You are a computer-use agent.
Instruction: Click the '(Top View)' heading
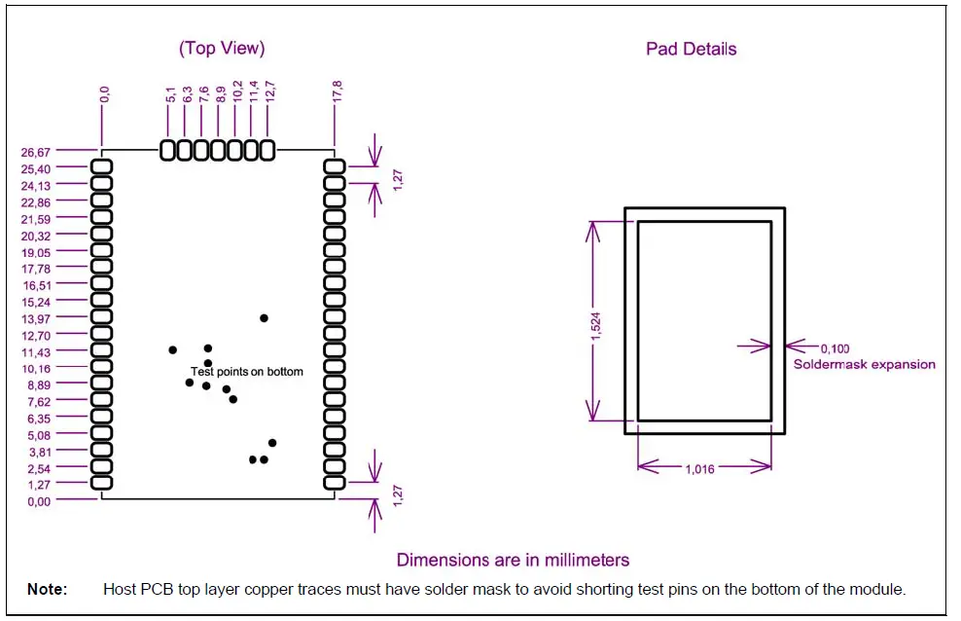222,48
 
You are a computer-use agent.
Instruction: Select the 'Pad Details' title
691,49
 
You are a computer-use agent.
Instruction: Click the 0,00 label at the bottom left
38,501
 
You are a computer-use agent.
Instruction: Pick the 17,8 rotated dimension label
336,92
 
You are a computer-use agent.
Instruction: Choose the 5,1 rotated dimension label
169,94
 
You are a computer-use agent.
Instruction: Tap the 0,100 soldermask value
836,347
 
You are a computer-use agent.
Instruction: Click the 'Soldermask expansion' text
864,364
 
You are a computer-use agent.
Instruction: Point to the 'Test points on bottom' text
247,372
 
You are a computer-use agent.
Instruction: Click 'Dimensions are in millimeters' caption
513,560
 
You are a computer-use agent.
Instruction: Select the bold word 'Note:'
47,589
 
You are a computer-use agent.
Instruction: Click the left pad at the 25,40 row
101,167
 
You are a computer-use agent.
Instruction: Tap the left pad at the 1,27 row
101,482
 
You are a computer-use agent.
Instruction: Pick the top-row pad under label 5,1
168,150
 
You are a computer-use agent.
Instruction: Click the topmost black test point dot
264,318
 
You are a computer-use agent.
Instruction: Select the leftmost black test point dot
173,349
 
